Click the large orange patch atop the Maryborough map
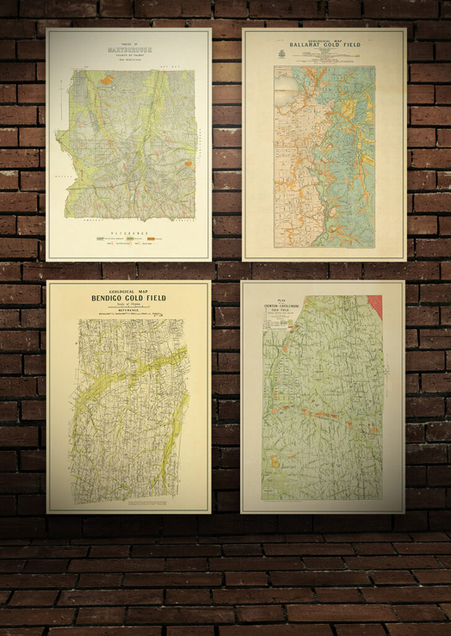pyautogui.click(x=107, y=79)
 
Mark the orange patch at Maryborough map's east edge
pyautogui.click(x=188, y=164)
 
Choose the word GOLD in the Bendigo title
pyautogui.click(x=141, y=298)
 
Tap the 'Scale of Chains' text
pyautogui.click(x=129, y=305)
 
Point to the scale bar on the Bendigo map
pyautogui.click(x=129, y=309)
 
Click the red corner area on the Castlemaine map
pyautogui.click(x=375, y=304)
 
